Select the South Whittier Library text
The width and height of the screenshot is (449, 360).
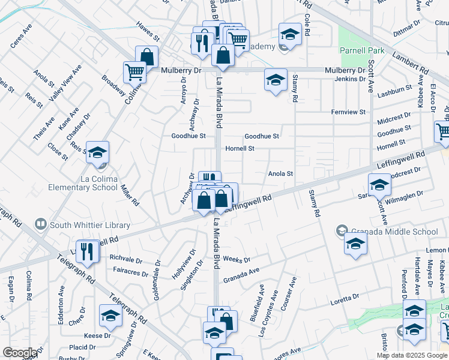click(x=90, y=225)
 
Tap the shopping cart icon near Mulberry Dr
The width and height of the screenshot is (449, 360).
click(x=134, y=72)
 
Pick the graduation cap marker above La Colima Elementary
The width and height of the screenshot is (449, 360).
click(x=97, y=152)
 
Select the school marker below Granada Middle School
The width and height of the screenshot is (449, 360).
click(x=355, y=244)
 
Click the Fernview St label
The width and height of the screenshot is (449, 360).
click(x=348, y=112)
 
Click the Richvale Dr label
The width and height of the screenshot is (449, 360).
click(x=126, y=259)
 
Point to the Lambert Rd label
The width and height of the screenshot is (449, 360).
click(x=411, y=62)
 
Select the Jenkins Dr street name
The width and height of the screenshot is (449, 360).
click(x=350, y=79)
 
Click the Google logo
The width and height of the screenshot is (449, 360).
click(x=20, y=353)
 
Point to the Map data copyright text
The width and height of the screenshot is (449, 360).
click(x=412, y=355)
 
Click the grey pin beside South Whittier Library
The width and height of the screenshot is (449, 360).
click(x=41, y=225)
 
